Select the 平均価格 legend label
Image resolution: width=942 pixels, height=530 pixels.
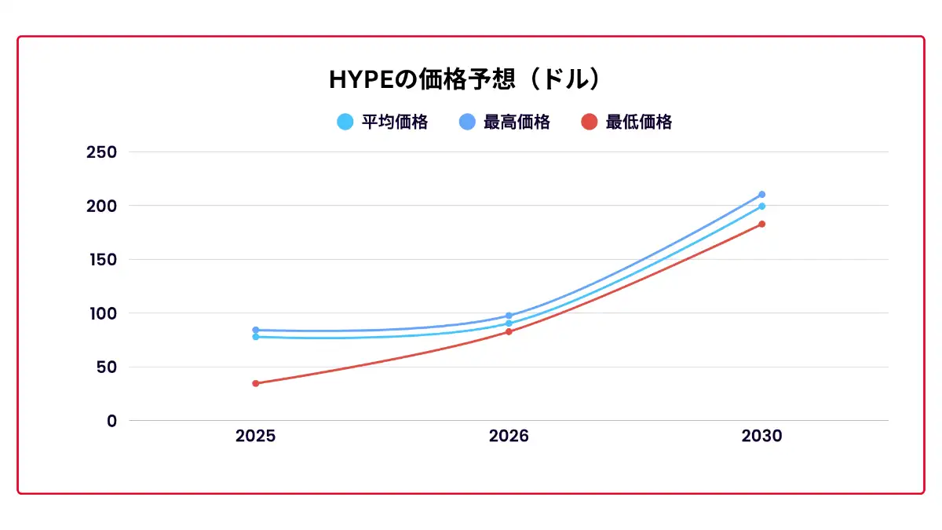(394, 122)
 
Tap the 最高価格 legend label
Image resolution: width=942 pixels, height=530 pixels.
(517, 122)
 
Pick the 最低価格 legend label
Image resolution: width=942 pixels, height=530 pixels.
(638, 122)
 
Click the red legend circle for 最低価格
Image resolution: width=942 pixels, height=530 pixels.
(590, 122)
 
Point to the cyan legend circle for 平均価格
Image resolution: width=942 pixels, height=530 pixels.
(345, 122)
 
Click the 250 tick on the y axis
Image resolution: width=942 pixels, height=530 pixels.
(101, 152)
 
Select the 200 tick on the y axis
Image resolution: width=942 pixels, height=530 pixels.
(101, 206)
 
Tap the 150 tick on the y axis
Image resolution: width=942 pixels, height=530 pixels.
(101, 259)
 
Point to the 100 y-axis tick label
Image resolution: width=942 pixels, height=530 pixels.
(101, 313)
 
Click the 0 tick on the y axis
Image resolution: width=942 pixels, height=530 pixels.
(111, 421)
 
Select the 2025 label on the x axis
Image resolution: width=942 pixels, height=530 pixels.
(255, 437)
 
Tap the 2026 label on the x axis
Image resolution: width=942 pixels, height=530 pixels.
(509, 437)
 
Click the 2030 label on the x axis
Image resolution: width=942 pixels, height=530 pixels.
(761, 437)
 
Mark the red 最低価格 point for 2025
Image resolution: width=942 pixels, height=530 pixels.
(255, 383)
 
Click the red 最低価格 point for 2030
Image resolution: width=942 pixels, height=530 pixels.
(761, 224)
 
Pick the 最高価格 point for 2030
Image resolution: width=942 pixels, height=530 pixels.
(761, 194)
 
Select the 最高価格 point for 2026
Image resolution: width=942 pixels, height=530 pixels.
(509, 316)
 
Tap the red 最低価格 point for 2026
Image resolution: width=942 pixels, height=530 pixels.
(509, 331)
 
